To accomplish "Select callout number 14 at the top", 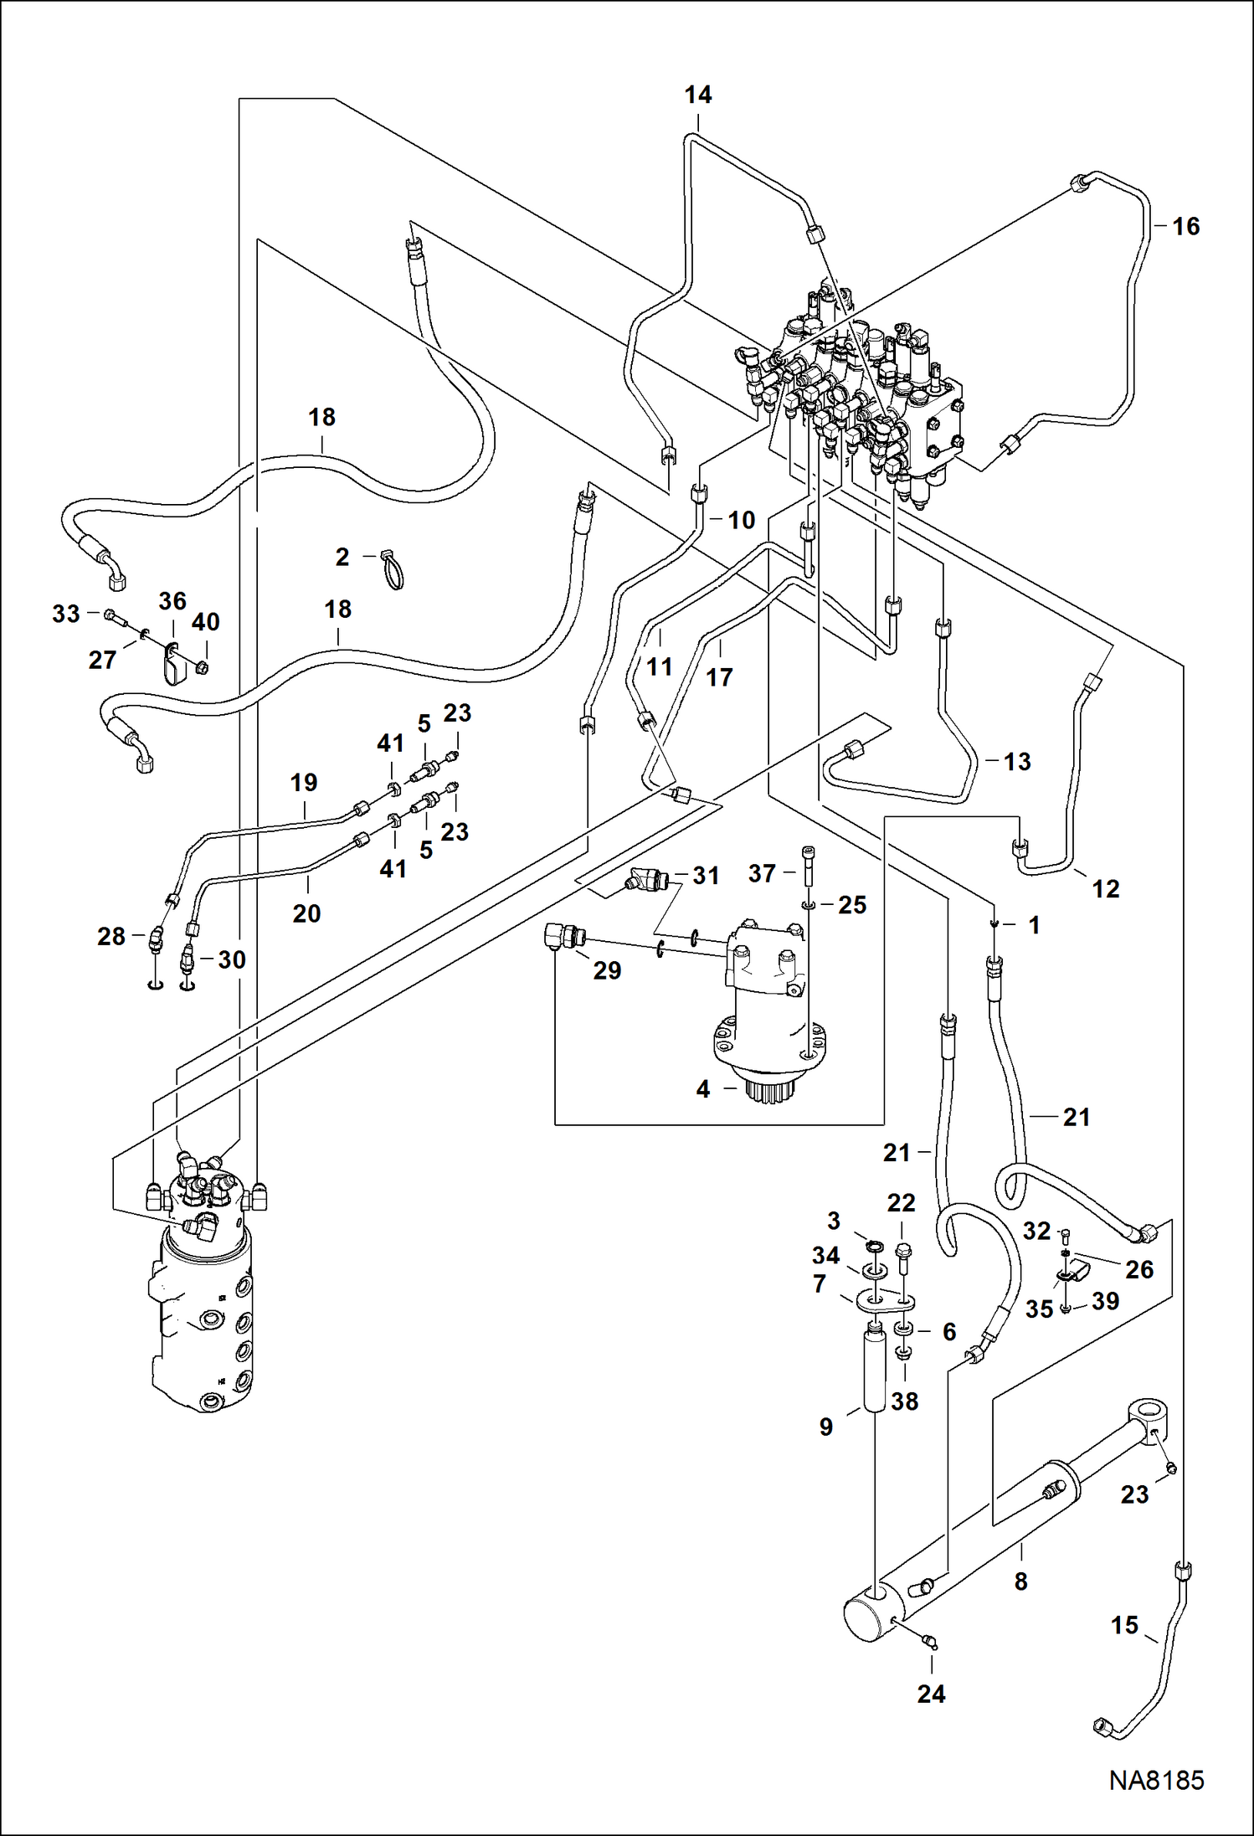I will coord(697,95).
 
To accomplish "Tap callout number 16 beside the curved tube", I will coord(1185,226).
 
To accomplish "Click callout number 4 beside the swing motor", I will coord(703,1089).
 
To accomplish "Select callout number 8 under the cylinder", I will coord(1020,1581).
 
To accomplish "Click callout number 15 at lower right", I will coord(1124,1625).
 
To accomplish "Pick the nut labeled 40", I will coord(201,667).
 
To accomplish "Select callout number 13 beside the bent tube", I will coord(1016,761).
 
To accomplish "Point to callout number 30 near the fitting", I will coord(231,959).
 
